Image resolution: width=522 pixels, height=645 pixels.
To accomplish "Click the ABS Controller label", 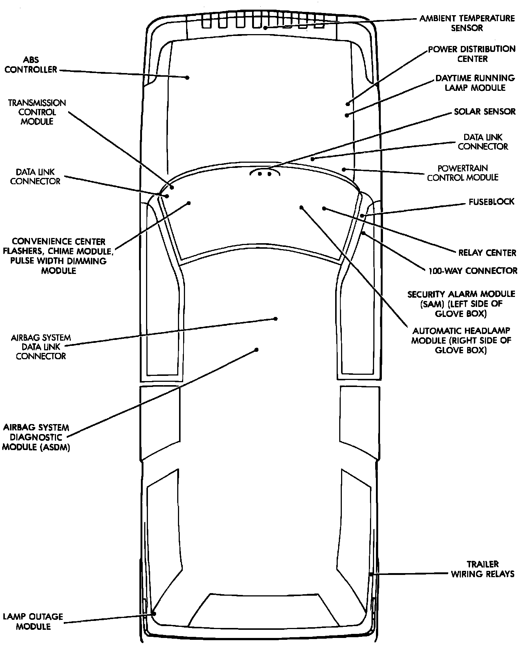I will tap(31, 64).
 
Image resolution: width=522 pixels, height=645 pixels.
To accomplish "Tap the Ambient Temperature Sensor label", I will tap(467, 23).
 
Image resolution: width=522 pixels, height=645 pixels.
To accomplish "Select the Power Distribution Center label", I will tap(472, 54).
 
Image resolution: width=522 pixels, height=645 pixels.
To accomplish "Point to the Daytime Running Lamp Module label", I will tap(475, 83).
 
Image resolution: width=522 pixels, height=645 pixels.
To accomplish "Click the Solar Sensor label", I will tap(485, 112).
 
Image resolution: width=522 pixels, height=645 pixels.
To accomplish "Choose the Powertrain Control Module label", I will tap(462, 173).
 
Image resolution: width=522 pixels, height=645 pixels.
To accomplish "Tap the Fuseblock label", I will tap(491, 202).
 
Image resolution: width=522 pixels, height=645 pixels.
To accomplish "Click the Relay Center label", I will tap(487, 253).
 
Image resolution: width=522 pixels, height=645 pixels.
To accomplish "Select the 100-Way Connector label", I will tap(473, 271).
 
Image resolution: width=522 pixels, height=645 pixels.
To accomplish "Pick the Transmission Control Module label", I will tap(37, 112).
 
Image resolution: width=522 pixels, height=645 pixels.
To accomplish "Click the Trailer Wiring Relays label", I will tap(482, 569).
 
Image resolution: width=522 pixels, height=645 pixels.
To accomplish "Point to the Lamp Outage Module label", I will tap(33, 622).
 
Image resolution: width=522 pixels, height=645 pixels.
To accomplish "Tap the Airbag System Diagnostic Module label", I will tap(36, 437).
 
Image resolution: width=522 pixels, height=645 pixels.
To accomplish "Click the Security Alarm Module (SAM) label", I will tap(461, 304).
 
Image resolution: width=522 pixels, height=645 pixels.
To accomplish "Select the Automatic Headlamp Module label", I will tap(461, 340).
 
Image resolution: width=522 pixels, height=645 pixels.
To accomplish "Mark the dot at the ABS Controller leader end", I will tap(187, 77).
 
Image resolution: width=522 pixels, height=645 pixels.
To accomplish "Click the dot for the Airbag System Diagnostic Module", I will tap(256, 350).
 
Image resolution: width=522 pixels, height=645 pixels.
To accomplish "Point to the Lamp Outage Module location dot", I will tap(154, 613).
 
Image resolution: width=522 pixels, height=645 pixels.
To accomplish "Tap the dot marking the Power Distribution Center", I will tap(348, 104).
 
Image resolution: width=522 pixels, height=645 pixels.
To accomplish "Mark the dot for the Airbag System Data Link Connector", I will tap(275, 318).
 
